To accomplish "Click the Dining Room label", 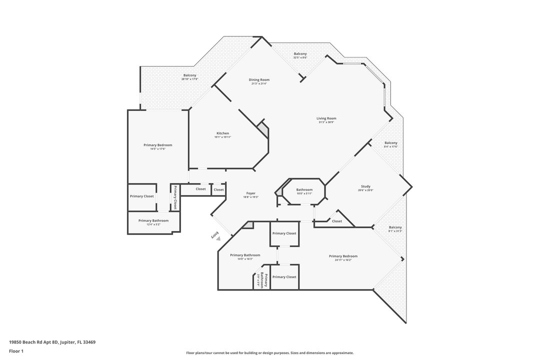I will point(259,80).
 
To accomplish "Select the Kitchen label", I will point(222,133).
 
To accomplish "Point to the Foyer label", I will point(250,193).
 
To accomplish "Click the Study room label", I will point(365,186).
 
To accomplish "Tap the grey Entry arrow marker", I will point(218,239).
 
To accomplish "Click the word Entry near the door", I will point(215,234).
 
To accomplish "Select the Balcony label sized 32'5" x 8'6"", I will point(300,54).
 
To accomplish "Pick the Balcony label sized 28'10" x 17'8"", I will point(189,75).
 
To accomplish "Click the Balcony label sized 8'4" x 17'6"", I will point(390,143).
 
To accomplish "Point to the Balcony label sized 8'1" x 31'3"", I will point(395,227).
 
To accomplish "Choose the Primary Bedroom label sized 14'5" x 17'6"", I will point(157,145).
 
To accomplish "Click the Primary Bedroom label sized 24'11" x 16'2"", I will point(343,256).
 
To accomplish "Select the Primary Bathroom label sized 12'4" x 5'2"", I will point(153,220).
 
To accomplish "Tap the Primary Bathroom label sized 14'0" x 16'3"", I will point(245,255).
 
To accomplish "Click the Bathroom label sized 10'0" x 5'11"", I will point(304,189).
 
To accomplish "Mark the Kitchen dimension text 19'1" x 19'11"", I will point(222,137).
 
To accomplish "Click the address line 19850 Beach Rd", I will point(52,342).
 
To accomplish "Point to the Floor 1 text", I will point(16,351).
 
